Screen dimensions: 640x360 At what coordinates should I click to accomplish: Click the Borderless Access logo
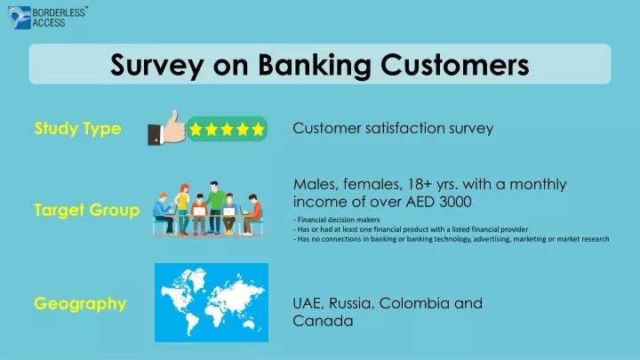coord(47,18)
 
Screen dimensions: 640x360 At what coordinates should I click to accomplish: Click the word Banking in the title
coord(315,65)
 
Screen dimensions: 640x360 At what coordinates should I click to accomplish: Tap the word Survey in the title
coord(156,65)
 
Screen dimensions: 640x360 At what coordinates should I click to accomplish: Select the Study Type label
coord(77,129)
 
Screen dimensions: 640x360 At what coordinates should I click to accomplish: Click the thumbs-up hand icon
coord(166,128)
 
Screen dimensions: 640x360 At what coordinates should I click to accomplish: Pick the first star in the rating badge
coord(196,130)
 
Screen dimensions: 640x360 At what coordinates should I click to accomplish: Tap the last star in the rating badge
coord(258,130)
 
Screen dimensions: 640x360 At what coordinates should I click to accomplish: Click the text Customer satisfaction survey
coord(393,128)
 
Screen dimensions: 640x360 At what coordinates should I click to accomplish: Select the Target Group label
coord(87,210)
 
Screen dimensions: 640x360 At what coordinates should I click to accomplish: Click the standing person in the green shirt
coord(214,207)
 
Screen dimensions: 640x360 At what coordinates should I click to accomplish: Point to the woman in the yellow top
coord(182,209)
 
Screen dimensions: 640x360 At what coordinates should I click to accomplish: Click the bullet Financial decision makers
coord(336,220)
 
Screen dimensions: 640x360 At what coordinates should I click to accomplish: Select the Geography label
coord(80,304)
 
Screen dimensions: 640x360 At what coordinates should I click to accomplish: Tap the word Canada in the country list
coord(323,321)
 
